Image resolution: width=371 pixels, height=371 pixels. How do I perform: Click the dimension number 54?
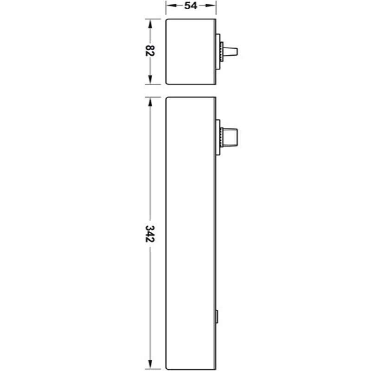191,6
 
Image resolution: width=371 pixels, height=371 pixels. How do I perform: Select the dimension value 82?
150,51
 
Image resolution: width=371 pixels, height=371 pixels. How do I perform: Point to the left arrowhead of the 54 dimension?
169,6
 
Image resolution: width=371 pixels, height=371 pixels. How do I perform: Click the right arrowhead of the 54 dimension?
213,6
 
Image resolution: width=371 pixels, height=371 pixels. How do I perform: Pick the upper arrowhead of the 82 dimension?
150,22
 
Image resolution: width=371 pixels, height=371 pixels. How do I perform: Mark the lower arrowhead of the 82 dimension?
150,81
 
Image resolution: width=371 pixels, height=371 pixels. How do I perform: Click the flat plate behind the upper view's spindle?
218,51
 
